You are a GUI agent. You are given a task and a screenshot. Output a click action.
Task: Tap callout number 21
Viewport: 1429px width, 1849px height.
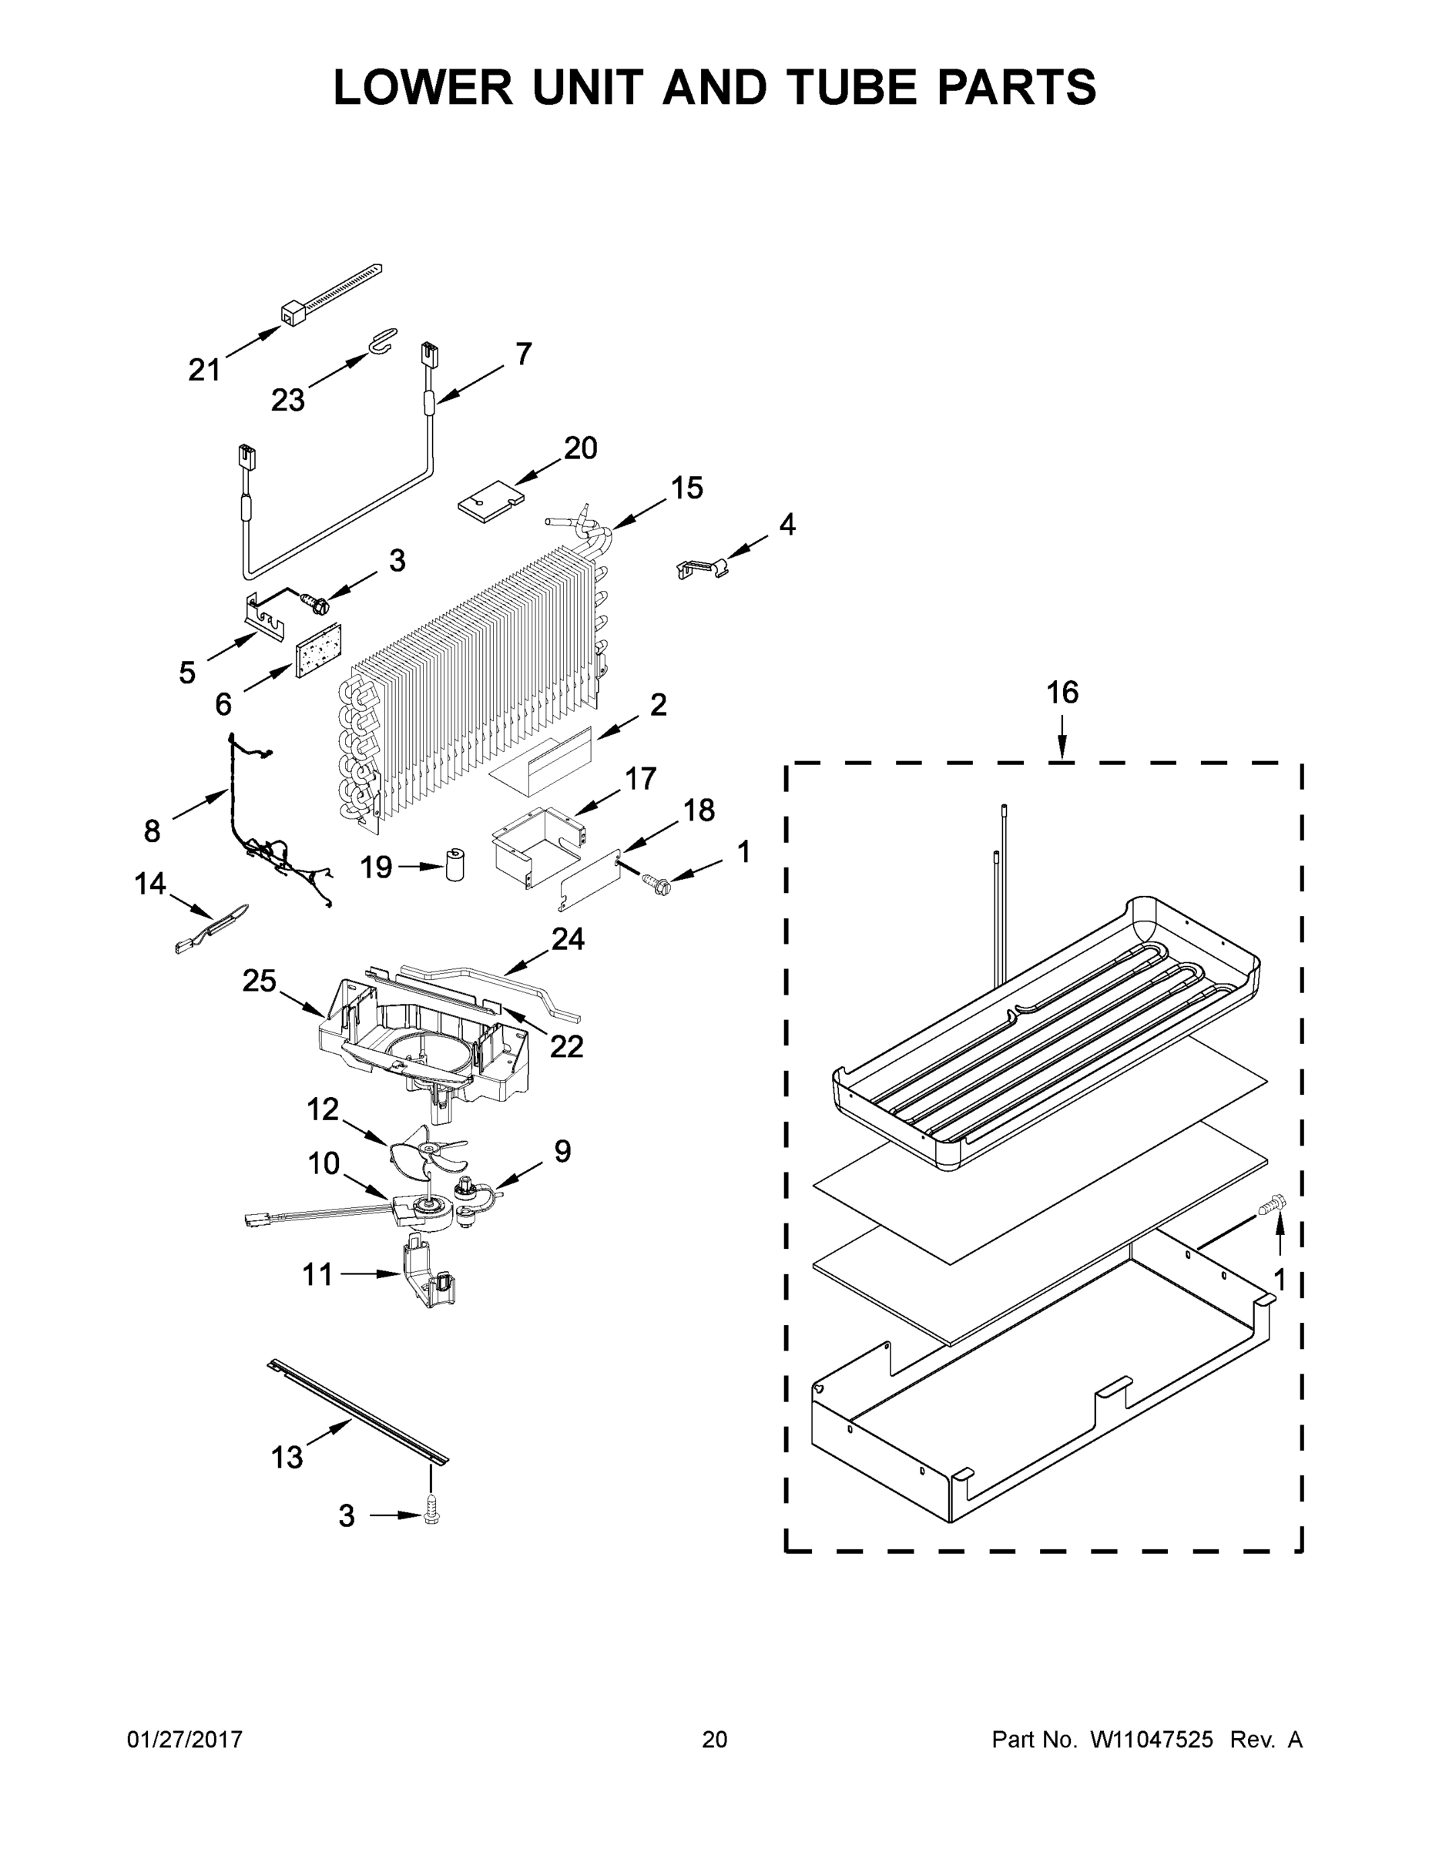point(204,369)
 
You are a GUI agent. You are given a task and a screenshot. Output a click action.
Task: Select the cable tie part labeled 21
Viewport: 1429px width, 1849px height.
point(330,296)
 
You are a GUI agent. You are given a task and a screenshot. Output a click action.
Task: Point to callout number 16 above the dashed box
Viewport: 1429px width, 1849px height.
point(1062,693)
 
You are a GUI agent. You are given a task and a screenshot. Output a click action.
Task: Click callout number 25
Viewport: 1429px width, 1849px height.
point(259,981)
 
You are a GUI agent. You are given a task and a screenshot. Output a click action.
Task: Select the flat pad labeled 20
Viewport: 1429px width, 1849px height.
point(487,500)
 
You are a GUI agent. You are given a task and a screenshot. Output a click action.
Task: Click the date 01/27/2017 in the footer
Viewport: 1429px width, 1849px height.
point(185,1739)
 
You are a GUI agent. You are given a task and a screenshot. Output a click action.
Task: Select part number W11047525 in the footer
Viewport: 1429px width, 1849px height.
point(1152,1739)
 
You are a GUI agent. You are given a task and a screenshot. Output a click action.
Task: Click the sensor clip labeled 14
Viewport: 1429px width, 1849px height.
point(212,930)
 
